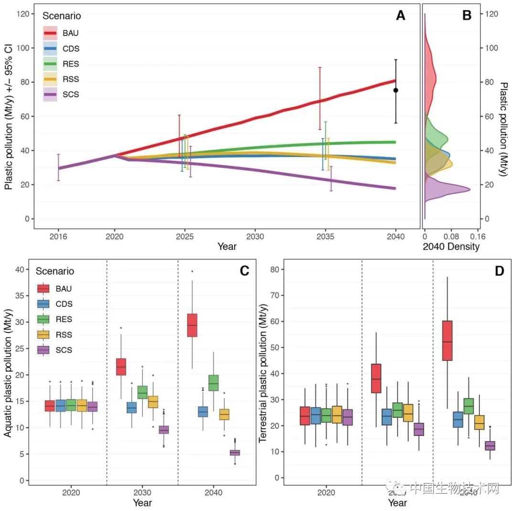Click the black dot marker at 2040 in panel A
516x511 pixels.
tap(396, 90)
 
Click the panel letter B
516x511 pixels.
tap(467, 16)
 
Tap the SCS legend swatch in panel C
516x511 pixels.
tap(43, 350)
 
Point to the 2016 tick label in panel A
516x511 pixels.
tap(58, 236)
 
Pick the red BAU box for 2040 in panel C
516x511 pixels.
tap(192, 325)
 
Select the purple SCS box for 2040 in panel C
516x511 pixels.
tap(235, 453)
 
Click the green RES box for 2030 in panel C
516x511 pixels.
tap(142, 392)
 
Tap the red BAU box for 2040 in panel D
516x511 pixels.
tap(447, 341)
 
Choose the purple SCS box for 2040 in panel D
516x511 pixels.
tap(490, 445)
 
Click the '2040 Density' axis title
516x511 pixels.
tap(451, 247)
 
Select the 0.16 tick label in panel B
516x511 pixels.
tap(478, 236)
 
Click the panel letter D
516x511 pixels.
tap(500, 271)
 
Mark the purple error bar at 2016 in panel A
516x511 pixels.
tap(58, 167)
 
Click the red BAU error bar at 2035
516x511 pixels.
tap(320, 98)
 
